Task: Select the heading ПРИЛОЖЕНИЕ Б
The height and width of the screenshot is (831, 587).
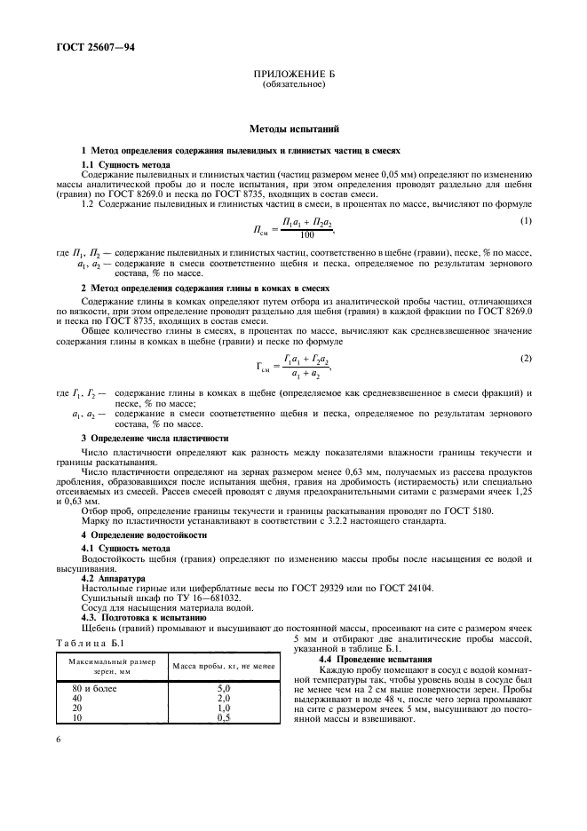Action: (293, 76)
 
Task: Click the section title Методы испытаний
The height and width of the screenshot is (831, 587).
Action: (293, 129)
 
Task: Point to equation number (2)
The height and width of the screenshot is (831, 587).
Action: (526, 357)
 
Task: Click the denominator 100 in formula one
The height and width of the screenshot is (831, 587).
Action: (306, 235)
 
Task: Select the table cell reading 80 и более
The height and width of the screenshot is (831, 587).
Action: (89, 688)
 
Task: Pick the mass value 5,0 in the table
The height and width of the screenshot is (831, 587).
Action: (224, 688)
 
